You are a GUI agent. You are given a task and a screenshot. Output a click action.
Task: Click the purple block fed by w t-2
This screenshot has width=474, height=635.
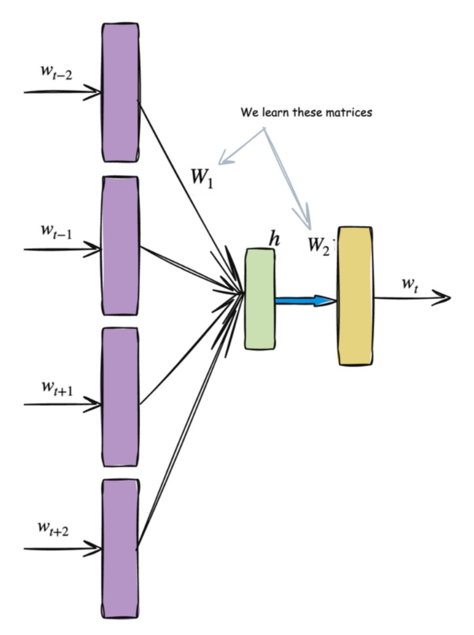(119, 92)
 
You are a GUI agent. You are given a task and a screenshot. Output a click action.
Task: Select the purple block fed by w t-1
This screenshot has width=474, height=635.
(119, 246)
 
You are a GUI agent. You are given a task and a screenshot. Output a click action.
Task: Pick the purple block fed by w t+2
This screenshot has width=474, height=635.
(119, 548)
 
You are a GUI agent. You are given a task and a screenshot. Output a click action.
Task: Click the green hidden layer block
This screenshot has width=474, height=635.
(260, 299)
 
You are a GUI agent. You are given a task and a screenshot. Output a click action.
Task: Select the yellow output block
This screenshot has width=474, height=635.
(355, 295)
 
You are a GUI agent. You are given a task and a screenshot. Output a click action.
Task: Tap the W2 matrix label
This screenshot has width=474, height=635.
(319, 245)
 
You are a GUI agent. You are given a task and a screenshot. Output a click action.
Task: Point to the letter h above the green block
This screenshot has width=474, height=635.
(274, 239)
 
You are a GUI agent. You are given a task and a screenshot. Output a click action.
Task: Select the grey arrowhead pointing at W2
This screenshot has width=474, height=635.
(306, 223)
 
